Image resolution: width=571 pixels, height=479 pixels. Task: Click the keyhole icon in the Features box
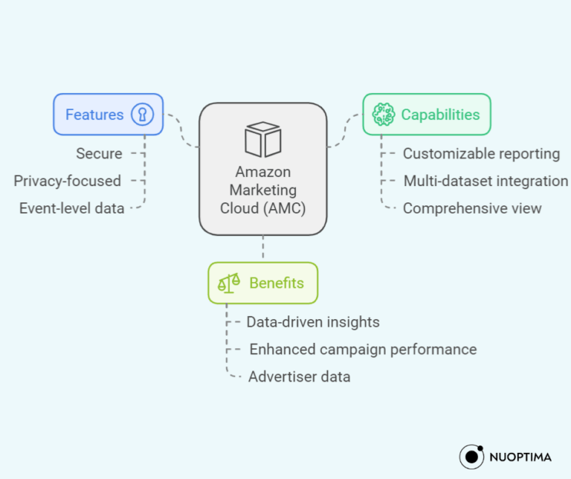coord(142,115)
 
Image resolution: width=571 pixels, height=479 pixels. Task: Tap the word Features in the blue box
coord(94,115)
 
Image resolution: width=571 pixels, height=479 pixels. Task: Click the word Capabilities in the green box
coord(440,115)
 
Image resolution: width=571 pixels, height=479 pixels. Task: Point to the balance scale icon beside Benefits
coord(228,283)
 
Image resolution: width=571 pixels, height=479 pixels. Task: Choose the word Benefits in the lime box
coord(277,283)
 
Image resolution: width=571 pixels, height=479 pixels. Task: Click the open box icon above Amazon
coord(262,139)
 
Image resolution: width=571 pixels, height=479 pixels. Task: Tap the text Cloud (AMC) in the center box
coord(262,208)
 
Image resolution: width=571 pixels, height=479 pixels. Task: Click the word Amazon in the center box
coord(262,172)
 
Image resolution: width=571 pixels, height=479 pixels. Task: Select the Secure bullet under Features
coord(99,153)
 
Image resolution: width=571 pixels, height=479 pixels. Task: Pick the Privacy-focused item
coord(67,181)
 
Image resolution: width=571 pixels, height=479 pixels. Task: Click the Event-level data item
coord(71,208)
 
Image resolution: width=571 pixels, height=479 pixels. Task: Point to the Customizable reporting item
coord(481,154)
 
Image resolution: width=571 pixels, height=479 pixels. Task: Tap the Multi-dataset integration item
coord(485,181)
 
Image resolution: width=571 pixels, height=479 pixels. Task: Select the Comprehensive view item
coord(472,208)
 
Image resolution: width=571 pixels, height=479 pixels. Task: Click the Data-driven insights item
coord(313,322)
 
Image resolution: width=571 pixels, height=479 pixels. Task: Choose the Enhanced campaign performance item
coord(363,349)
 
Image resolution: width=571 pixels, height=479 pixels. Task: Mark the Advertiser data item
coord(299,376)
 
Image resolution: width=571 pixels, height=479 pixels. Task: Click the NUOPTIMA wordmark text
coord(521,456)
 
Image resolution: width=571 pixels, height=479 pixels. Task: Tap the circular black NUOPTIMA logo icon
coord(472,456)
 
